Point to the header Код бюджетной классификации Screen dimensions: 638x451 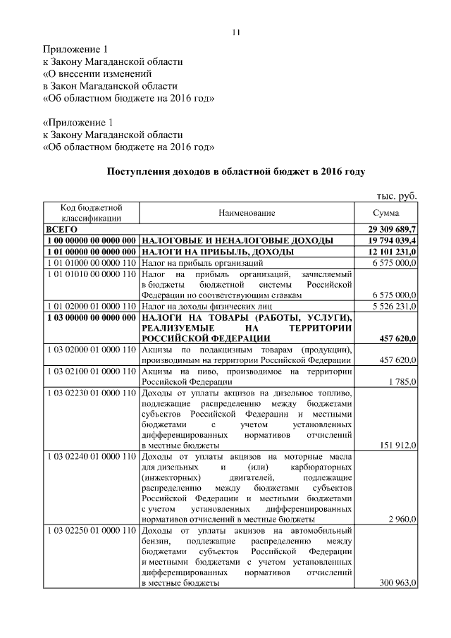click(91, 213)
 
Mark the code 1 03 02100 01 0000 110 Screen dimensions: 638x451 click(91, 371)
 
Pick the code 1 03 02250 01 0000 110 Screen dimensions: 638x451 click(91, 529)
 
